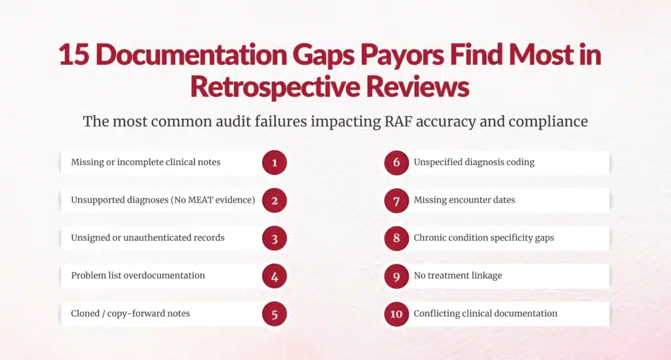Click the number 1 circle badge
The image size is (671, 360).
coord(275,163)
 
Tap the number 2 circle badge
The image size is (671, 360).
coord(275,201)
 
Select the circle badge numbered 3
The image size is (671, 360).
coord(275,239)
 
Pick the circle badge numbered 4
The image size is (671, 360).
coord(275,276)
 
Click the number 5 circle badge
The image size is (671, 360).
coord(275,314)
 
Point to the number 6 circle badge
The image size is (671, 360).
coord(396,163)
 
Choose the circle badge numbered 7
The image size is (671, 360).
coord(396,201)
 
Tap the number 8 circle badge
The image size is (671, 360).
coord(396,239)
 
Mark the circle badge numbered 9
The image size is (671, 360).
coord(396,276)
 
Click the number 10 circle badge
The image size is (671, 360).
coord(396,314)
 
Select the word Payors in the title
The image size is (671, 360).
coord(380,55)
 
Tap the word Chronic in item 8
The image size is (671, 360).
coord(431,238)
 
